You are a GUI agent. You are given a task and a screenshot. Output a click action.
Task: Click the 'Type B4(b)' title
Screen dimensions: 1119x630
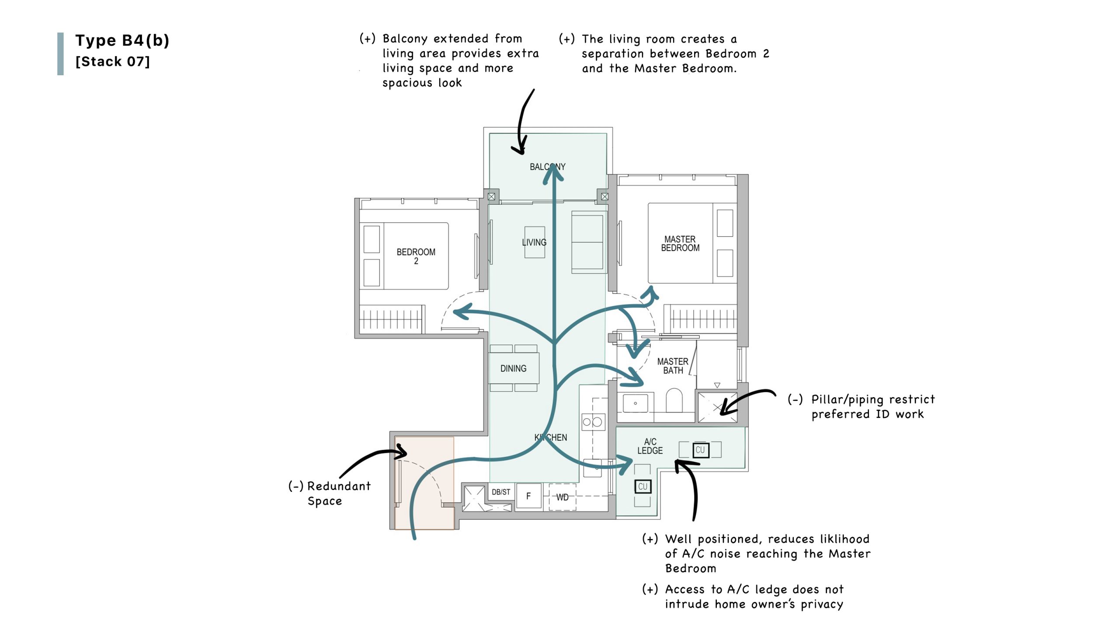[x=122, y=40]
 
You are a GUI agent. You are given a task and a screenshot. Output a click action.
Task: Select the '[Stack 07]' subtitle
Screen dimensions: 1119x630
[x=112, y=61]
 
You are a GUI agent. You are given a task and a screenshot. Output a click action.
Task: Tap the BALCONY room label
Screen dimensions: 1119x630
[x=547, y=167]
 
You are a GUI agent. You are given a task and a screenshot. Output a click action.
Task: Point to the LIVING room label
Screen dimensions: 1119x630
[x=534, y=242]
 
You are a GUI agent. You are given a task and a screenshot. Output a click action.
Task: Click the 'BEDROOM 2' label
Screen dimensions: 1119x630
[x=416, y=256]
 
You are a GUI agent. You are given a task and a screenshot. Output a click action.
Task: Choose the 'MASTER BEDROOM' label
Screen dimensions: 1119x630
[x=680, y=244]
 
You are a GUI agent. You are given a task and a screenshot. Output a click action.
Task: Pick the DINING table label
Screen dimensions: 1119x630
[x=513, y=368]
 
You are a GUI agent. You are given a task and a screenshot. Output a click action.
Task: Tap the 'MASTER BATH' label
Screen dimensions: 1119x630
[x=673, y=366]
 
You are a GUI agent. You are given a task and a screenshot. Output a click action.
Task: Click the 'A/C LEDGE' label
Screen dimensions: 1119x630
[x=650, y=446]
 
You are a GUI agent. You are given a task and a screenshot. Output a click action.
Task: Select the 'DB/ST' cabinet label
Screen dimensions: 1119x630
[x=501, y=492]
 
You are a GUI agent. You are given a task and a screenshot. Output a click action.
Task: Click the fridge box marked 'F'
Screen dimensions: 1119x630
[x=528, y=497]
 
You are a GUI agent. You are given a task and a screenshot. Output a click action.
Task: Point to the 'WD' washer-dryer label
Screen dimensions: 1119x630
[x=562, y=497]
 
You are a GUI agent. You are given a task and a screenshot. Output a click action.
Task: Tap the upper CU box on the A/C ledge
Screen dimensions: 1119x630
[x=700, y=450]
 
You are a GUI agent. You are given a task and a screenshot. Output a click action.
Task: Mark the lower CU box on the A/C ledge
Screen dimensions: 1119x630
[x=643, y=486]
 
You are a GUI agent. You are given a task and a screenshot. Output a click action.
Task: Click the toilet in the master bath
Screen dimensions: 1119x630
[x=674, y=400]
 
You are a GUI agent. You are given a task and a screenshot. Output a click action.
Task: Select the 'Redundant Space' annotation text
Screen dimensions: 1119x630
[x=330, y=493]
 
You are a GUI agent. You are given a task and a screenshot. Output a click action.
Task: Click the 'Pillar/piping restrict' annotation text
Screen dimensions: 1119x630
[x=861, y=400]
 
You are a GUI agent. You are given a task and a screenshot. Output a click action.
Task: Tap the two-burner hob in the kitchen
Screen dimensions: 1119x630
[x=593, y=422]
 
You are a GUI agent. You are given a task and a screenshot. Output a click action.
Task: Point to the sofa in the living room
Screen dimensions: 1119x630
[x=589, y=242]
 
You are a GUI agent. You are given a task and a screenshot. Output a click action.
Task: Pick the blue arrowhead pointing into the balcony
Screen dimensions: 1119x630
[x=553, y=173]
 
